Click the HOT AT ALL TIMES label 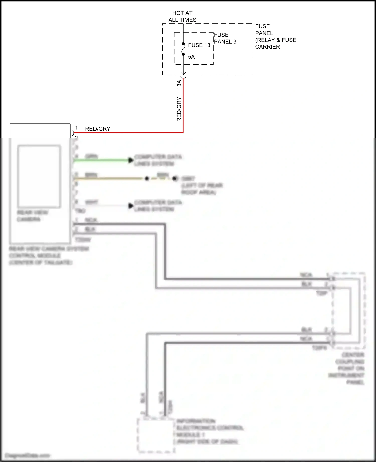coord(182,16)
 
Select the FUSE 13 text coord(199,45)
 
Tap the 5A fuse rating coord(191,57)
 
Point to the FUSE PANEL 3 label coord(225,38)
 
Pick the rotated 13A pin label coord(179,85)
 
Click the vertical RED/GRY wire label coord(179,109)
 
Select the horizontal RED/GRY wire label coord(98,129)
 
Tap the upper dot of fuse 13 coord(183,44)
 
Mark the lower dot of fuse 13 coord(183,54)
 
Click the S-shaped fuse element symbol coord(183,49)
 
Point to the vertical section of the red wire coord(183,105)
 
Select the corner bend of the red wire coord(183,132)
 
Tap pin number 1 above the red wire coord(76,128)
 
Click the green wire coord(100,160)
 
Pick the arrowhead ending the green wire coord(131,160)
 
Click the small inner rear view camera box coord(39,176)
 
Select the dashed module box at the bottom coord(156,436)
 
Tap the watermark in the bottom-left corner coord(28,455)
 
